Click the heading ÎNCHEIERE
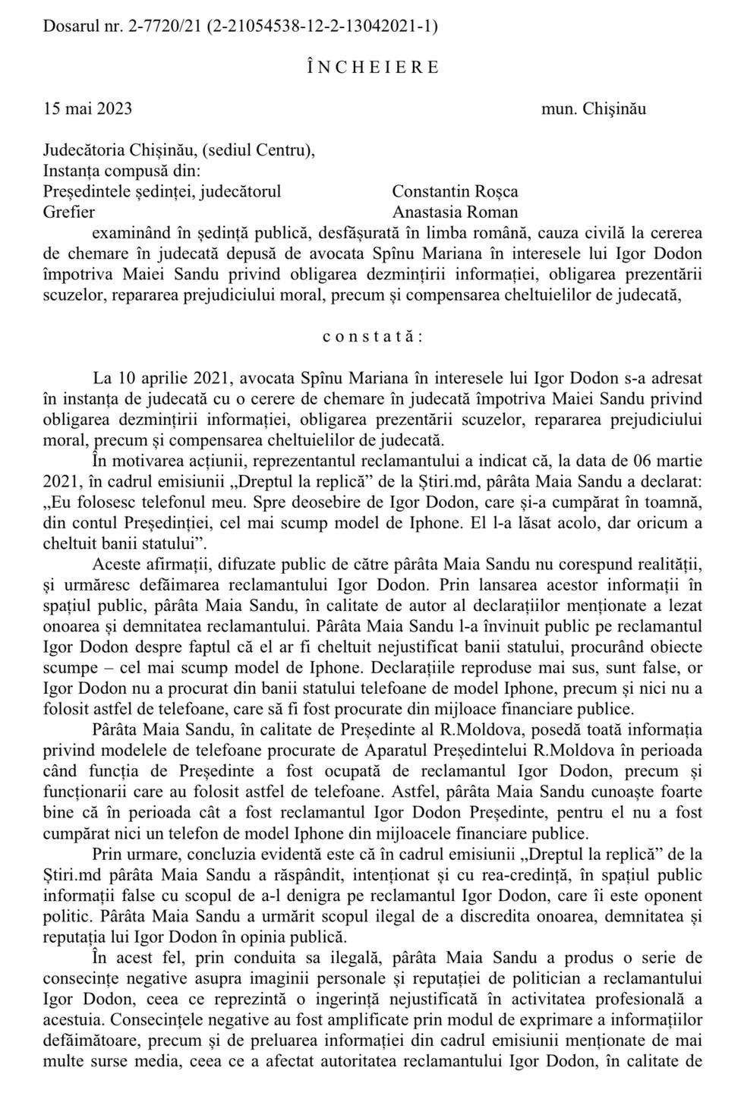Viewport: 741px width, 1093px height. [374, 67]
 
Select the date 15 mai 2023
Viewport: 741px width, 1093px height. [88, 109]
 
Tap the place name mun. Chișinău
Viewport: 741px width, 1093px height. [593, 109]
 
